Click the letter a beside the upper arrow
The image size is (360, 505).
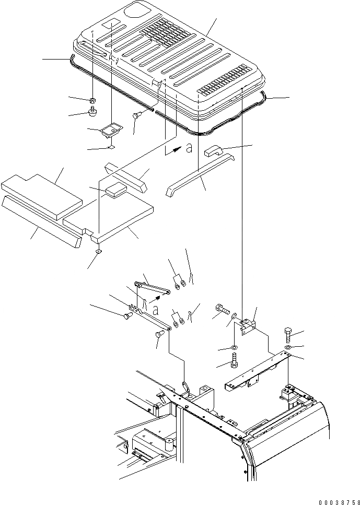189,148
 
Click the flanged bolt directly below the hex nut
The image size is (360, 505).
94,112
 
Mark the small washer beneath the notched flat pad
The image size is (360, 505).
98,253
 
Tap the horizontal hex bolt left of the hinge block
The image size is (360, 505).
221,309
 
